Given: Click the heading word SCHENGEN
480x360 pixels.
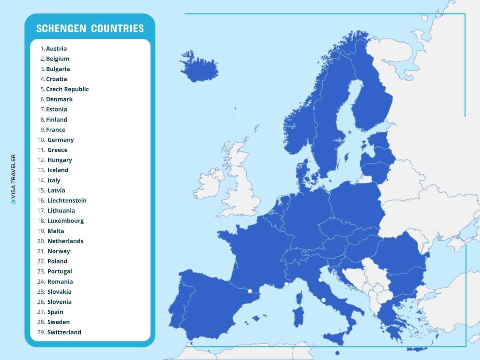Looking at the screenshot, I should click(x=61, y=28).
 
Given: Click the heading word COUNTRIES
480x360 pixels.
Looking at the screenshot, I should click(x=117, y=28).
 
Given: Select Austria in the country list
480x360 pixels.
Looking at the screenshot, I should click(x=56, y=49).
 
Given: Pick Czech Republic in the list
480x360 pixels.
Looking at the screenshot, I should click(x=67, y=89).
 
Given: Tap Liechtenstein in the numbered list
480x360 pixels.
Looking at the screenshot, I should click(x=67, y=201).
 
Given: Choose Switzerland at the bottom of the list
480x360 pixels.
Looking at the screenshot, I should click(x=64, y=332).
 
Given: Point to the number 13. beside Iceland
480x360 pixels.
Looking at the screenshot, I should click(x=41, y=170).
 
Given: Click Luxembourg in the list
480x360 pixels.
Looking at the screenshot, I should click(x=66, y=221).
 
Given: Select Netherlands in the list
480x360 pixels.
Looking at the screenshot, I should click(x=65, y=241).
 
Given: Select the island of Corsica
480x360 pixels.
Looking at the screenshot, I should click(x=300, y=297).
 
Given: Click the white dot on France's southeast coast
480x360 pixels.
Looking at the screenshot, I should click(x=286, y=284).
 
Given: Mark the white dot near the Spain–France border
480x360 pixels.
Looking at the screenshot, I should click(x=250, y=291).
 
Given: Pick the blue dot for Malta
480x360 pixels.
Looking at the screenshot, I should click(x=337, y=353).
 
